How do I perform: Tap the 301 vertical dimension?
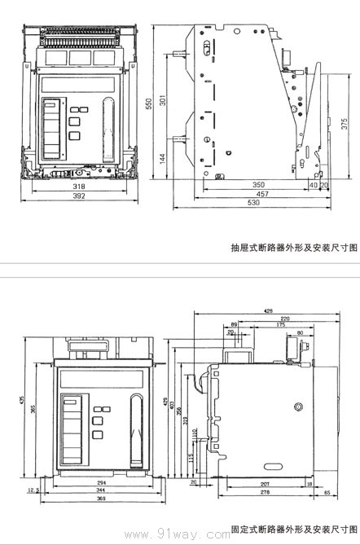(x=163, y=101)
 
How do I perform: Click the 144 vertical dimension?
(x=163, y=156)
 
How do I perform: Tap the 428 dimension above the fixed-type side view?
(x=268, y=311)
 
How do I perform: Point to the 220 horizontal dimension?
(x=285, y=318)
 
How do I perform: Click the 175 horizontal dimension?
(x=281, y=325)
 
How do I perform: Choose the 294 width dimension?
(x=101, y=483)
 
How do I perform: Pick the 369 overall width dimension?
(x=101, y=499)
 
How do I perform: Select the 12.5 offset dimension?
(x=33, y=490)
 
